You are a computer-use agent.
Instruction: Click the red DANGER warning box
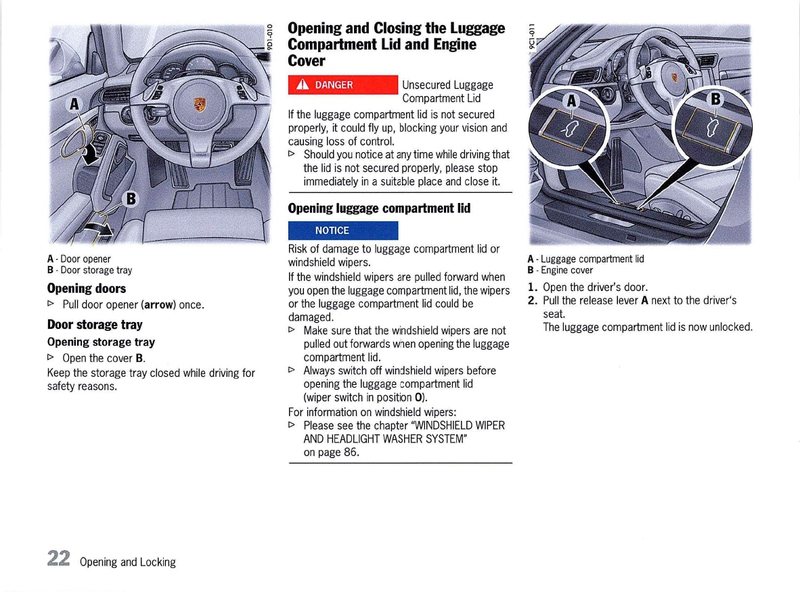point(343,85)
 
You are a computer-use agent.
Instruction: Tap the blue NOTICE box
point(343,230)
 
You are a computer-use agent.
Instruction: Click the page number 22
point(59,558)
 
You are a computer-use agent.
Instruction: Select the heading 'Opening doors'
point(86,288)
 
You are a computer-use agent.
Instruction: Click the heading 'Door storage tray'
point(94,325)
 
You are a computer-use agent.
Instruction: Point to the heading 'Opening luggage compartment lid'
point(378,208)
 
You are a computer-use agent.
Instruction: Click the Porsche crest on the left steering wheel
point(200,104)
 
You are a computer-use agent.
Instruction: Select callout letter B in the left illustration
point(131,199)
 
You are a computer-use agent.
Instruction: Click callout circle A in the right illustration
point(572,101)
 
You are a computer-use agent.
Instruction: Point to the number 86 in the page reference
point(351,452)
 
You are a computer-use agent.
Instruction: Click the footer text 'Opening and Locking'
point(127,562)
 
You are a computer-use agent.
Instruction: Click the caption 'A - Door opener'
point(79,258)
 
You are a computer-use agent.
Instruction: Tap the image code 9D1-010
point(269,37)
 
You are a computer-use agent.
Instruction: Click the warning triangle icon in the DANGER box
point(303,85)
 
